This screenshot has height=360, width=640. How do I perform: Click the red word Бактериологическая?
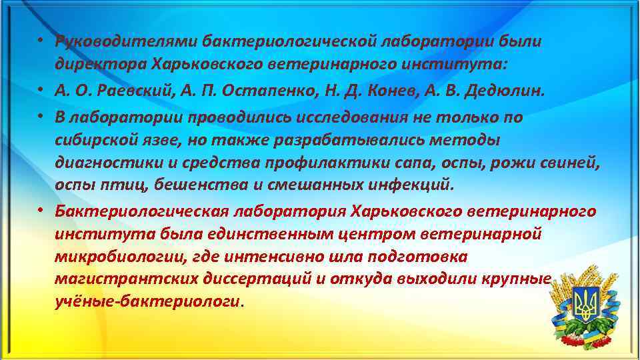142,211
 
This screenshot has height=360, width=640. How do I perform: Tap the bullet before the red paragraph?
41,211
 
